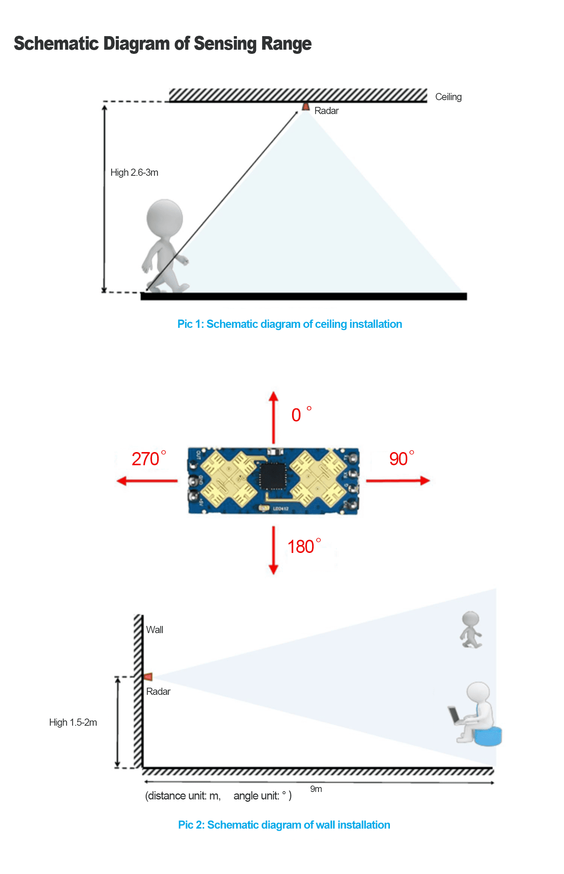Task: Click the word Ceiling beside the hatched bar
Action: point(448,97)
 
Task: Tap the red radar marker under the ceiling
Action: point(306,107)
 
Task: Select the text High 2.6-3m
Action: point(134,173)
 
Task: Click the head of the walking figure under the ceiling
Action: point(165,218)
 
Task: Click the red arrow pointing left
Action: point(147,481)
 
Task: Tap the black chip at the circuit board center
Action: point(273,477)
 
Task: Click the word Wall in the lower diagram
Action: point(155,630)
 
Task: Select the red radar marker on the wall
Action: point(149,677)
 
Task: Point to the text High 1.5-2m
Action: point(73,722)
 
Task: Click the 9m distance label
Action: point(316,789)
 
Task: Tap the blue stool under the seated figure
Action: point(488,736)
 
